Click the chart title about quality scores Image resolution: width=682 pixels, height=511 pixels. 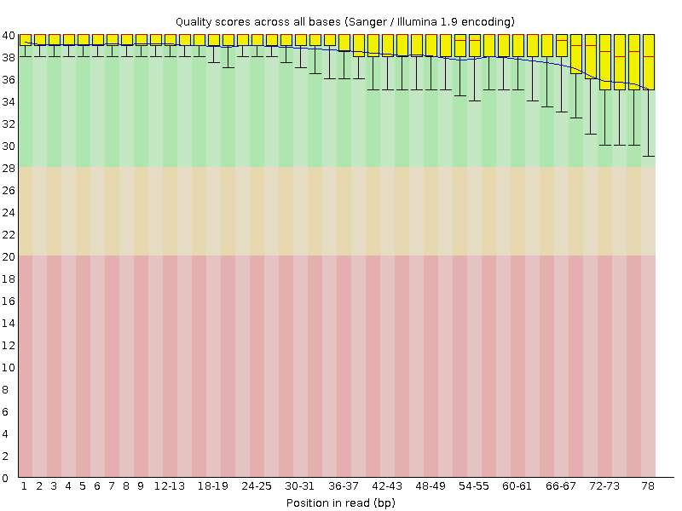coord(344,20)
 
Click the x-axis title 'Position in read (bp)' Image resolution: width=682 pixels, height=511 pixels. coord(340,502)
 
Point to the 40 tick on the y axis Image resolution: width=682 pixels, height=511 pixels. coord(9,36)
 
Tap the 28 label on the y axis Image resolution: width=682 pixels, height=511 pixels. coord(9,168)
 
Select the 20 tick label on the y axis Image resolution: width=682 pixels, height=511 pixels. coord(9,256)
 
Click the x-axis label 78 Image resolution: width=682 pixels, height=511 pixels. coord(648,486)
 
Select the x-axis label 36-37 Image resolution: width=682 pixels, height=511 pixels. coord(344,486)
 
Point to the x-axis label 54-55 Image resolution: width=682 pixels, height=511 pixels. coord(474,486)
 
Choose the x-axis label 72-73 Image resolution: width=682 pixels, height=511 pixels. coord(604,486)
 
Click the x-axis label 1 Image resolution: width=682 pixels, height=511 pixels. coord(25,486)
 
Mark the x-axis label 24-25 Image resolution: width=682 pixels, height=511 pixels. coord(257,486)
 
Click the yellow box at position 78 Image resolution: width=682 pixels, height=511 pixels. coord(648,61)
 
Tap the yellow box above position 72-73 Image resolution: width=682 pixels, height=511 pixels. coord(605,61)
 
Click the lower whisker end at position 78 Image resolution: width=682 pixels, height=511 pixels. coord(648,156)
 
